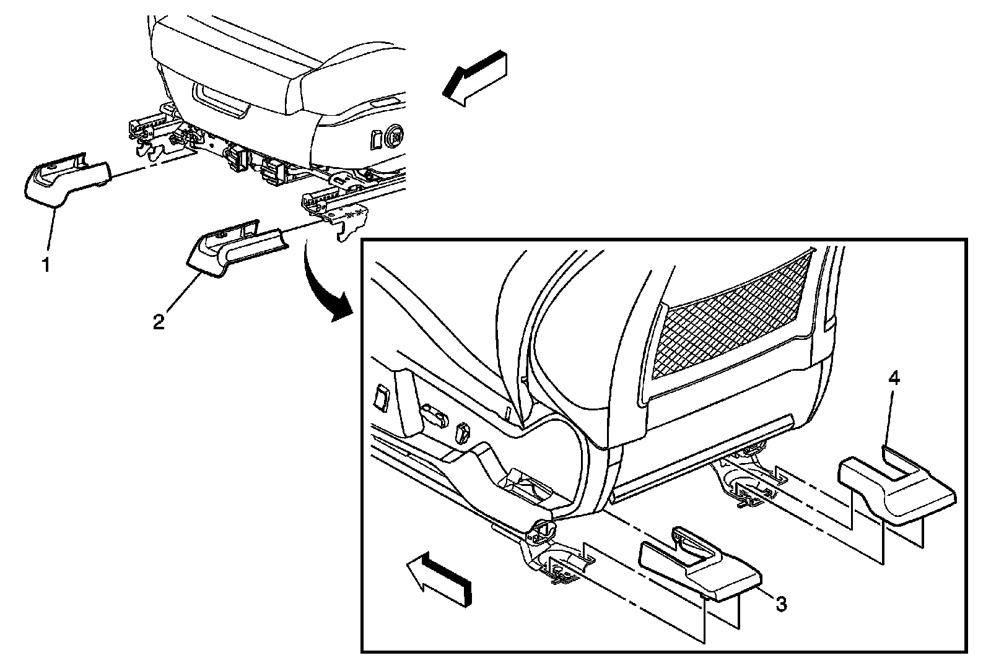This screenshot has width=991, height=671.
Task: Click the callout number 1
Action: (x=45, y=266)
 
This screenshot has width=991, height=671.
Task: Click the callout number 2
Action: (x=159, y=323)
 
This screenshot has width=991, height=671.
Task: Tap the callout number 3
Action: (x=782, y=604)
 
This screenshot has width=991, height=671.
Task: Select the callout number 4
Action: (x=893, y=379)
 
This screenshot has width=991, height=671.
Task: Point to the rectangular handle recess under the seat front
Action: (x=221, y=99)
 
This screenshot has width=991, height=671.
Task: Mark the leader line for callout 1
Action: (x=51, y=235)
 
